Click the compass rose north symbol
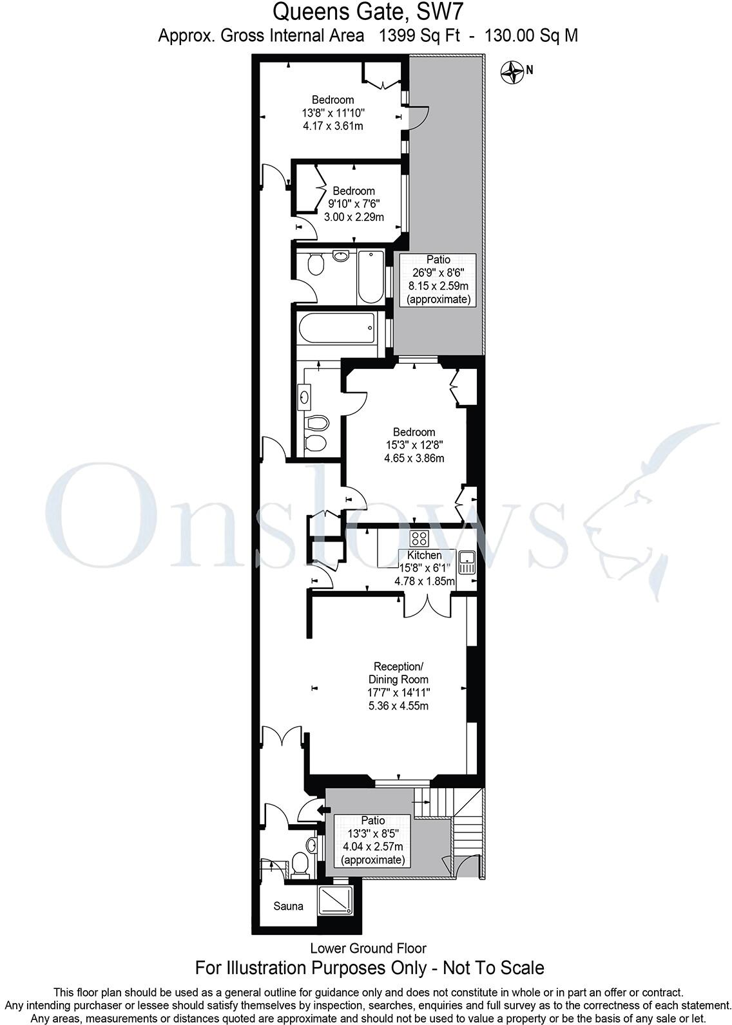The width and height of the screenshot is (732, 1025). point(513,72)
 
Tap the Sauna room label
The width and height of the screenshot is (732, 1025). point(288,907)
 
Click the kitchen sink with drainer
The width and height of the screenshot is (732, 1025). point(467,562)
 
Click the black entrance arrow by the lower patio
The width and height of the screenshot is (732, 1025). point(321,809)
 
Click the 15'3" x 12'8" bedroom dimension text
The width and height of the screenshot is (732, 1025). point(414,445)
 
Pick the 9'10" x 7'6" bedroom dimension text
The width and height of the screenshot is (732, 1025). point(353,204)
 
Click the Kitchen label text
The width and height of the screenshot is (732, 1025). point(425,555)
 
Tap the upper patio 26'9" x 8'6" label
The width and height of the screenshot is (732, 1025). point(438,272)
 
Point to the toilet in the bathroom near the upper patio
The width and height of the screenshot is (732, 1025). point(316,265)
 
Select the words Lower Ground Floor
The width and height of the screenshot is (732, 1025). point(368,948)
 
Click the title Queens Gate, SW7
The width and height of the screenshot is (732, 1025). point(368,11)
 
